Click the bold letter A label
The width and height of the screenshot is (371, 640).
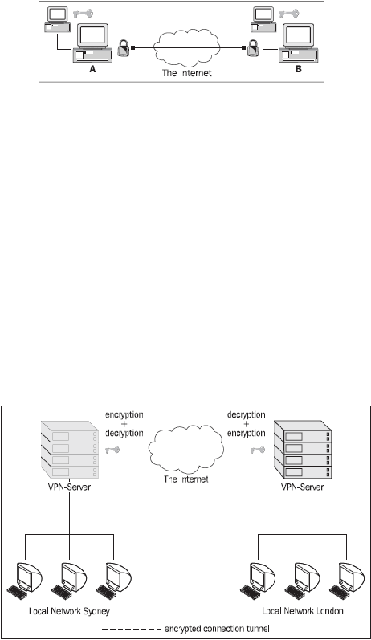(x=92, y=70)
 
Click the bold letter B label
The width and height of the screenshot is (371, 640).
(x=299, y=69)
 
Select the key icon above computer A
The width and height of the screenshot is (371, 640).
(x=83, y=14)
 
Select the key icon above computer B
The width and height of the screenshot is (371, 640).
(x=288, y=14)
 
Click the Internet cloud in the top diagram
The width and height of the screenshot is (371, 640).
(x=187, y=47)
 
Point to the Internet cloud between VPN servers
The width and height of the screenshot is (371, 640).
(x=185, y=449)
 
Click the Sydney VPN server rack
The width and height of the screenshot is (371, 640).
(x=70, y=450)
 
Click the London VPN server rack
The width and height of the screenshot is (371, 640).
(x=303, y=450)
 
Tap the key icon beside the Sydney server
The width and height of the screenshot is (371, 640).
(x=112, y=450)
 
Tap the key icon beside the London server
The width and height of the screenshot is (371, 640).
(x=258, y=450)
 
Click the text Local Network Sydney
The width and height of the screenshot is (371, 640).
(x=69, y=611)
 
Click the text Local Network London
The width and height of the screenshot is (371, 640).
(x=303, y=611)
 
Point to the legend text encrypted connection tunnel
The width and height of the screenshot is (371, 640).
(x=217, y=629)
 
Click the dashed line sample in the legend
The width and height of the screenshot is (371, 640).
(x=131, y=629)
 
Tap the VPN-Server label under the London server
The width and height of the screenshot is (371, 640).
(x=303, y=487)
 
